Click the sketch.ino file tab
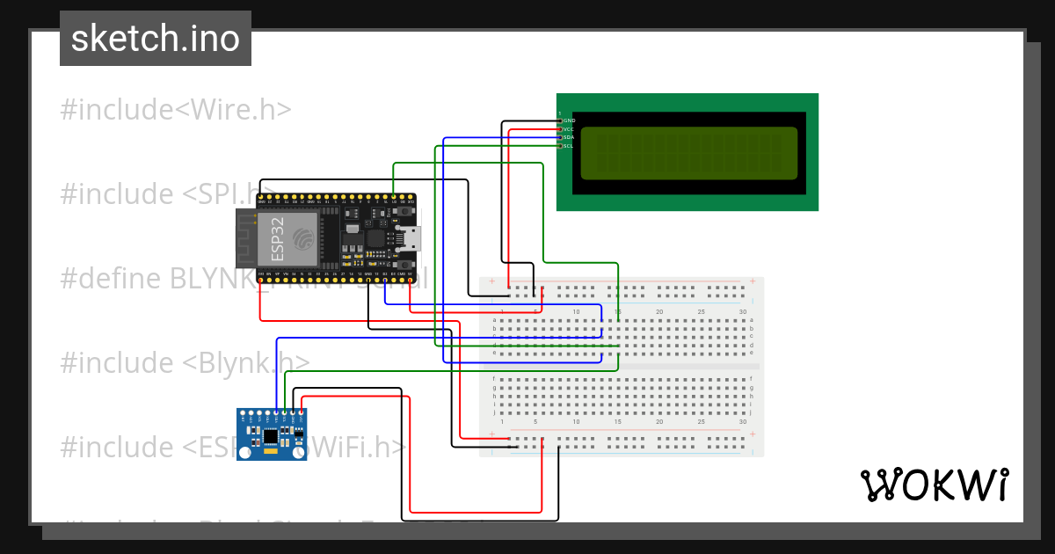[156, 39]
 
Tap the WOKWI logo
[933, 485]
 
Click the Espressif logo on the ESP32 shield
[303, 239]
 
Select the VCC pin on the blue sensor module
[302, 413]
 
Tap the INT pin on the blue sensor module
[243, 413]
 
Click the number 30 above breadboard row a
[743, 312]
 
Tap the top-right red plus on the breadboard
[752, 282]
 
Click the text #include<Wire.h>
[176, 110]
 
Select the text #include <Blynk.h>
[185, 362]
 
